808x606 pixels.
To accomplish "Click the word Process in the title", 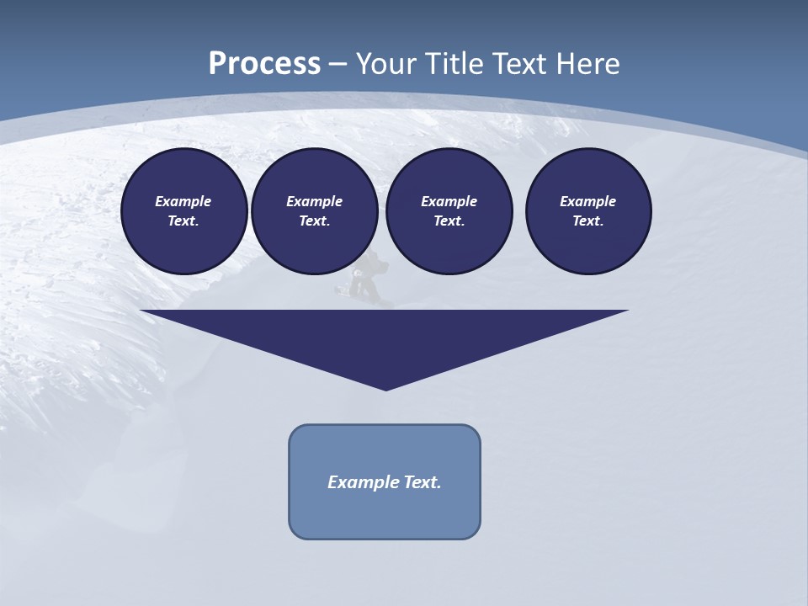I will (264, 64).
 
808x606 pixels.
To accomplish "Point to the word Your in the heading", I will (387, 64).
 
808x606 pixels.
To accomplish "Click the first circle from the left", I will (183, 211).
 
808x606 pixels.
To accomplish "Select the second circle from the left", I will (314, 211).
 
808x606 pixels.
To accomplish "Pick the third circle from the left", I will (449, 211).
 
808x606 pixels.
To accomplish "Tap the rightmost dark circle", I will (587, 211).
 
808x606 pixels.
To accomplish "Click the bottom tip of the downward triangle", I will (385, 389).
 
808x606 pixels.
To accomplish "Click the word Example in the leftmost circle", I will (183, 201).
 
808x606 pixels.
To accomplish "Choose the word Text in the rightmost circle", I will (587, 221).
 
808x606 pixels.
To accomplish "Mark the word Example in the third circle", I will (449, 201).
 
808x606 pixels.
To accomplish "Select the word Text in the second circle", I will (314, 221).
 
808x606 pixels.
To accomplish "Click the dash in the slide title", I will (338, 64).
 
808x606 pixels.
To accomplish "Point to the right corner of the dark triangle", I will (626, 311).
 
